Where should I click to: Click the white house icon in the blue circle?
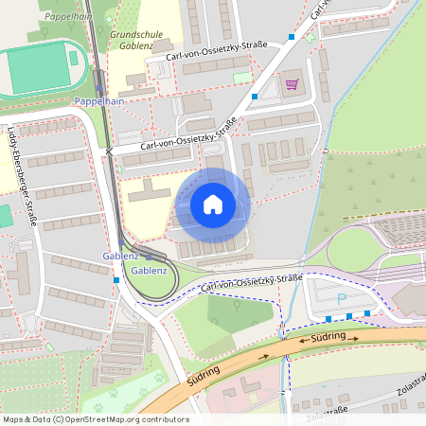point(213,204)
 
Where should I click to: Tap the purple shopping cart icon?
point(292,84)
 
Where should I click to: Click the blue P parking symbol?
point(342,299)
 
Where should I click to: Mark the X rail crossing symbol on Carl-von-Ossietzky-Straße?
point(110,151)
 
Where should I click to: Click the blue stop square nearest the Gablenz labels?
point(115,280)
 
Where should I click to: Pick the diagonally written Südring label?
point(199,375)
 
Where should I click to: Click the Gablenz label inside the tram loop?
point(150,271)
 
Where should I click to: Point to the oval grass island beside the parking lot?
point(352,249)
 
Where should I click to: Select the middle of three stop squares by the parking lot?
point(348,316)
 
